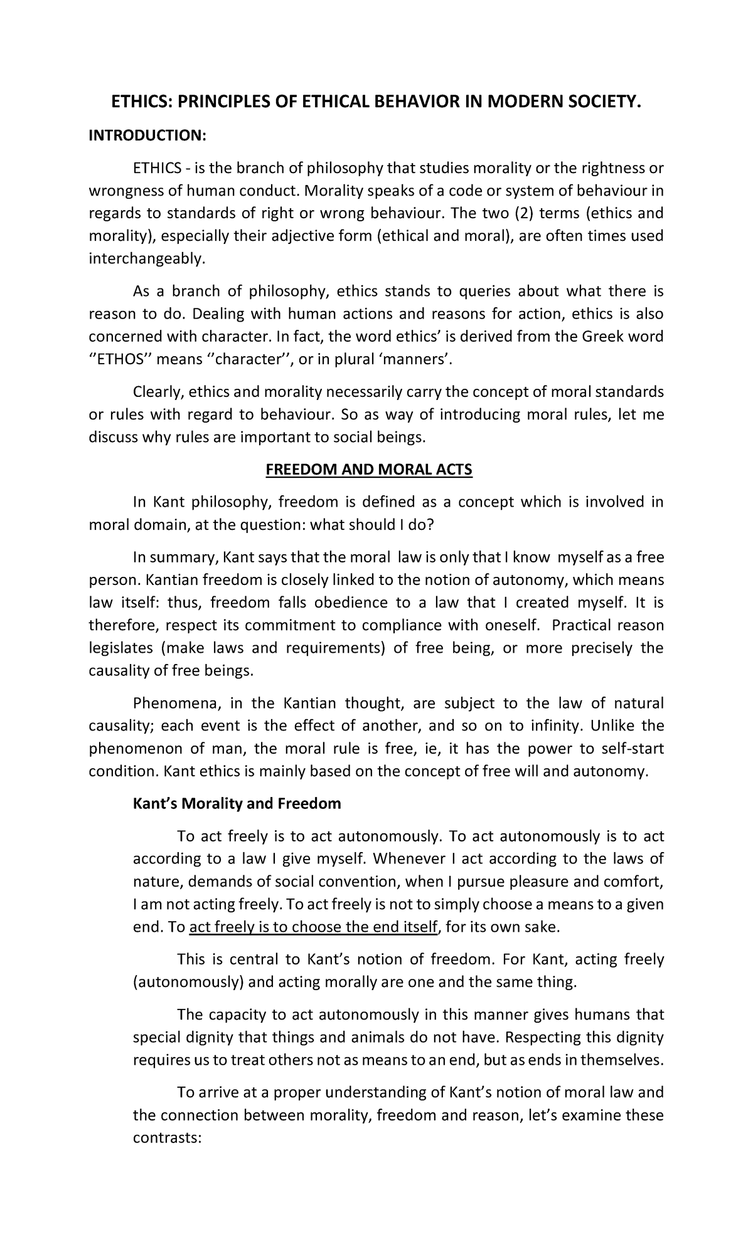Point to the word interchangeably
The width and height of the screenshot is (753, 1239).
(x=147, y=258)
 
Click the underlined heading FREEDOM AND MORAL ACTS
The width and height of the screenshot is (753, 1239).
(x=368, y=470)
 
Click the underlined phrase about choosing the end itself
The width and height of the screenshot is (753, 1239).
(x=312, y=926)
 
